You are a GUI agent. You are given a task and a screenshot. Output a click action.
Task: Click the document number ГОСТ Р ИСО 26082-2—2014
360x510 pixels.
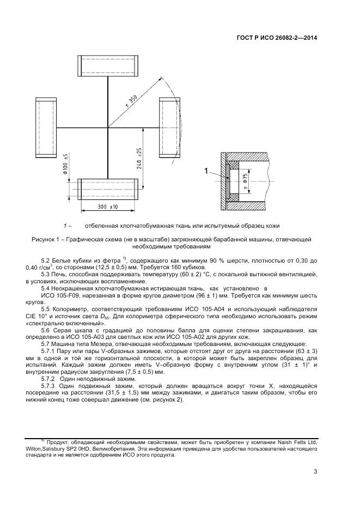278,39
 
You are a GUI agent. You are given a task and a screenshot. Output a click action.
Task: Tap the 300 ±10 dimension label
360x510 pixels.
107,207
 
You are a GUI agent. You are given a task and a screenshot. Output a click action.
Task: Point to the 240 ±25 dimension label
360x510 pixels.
139,157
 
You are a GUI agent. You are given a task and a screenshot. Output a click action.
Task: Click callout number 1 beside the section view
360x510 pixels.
207,172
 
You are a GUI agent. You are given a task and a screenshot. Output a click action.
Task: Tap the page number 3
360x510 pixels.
315,472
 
